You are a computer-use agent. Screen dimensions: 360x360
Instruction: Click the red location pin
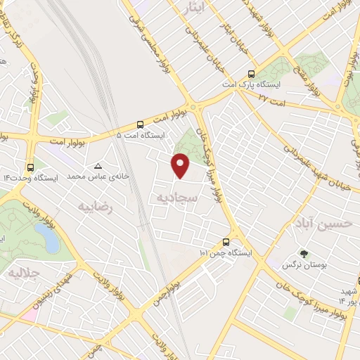[x=181, y=165]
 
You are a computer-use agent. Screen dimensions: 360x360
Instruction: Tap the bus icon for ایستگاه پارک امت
[x=251, y=74]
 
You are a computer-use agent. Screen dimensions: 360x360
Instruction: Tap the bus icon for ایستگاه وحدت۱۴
[x=30, y=167]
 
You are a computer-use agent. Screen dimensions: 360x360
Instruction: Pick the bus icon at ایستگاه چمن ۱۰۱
[x=225, y=240]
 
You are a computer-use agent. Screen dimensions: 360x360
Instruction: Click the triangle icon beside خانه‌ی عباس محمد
[x=98, y=167]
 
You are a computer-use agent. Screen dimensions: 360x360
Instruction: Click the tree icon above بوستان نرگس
[x=303, y=254]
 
